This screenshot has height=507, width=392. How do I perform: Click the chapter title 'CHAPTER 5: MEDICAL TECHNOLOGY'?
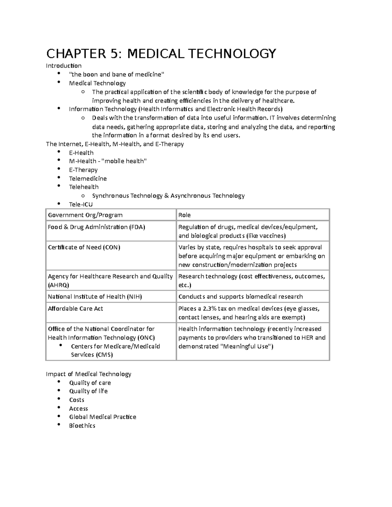(x=161, y=53)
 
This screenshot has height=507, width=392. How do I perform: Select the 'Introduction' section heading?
(x=64, y=66)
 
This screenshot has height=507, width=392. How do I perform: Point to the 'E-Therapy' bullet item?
(x=83, y=170)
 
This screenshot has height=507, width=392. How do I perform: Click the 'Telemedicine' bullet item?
(x=88, y=179)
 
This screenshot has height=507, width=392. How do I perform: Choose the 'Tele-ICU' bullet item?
(x=81, y=204)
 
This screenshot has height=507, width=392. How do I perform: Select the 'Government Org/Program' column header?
(x=85, y=215)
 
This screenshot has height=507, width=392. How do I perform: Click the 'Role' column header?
(x=185, y=215)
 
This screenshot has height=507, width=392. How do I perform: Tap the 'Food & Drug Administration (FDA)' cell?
(x=96, y=227)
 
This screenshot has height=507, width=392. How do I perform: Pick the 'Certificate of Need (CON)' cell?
(x=84, y=247)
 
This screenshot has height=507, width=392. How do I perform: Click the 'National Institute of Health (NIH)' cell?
(x=95, y=296)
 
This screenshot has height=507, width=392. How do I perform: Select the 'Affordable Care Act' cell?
(x=75, y=309)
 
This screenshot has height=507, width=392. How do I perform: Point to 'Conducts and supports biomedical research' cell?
(x=240, y=296)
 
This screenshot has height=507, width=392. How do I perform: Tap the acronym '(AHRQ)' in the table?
(x=58, y=285)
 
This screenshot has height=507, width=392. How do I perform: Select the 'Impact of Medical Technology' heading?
(x=89, y=374)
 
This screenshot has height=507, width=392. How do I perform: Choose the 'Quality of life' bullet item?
(x=88, y=391)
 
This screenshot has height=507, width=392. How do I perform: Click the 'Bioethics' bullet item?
(x=82, y=426)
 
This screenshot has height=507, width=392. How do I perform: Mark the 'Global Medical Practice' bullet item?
(x=103, y=417)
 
